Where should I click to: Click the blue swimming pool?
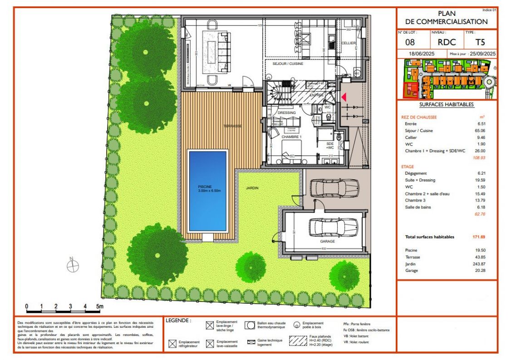click(207, 191)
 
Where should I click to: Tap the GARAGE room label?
click(327, 242)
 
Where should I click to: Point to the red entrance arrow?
click(344, 97)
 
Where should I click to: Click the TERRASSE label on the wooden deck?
click(233, 126)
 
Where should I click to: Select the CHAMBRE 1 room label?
click(291, 137)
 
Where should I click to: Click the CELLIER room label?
click(349, 43)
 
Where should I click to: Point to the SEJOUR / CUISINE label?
click(288, 64)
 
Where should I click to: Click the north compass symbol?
click(73, 266)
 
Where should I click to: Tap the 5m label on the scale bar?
click(100, 306)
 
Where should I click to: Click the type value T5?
click(480, 43)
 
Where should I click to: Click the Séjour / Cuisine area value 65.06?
click(479, 131)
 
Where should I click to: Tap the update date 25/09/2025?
click(482, 54)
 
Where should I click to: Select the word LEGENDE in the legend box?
click(178, 321)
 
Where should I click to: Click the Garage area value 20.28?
click(479, 271)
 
